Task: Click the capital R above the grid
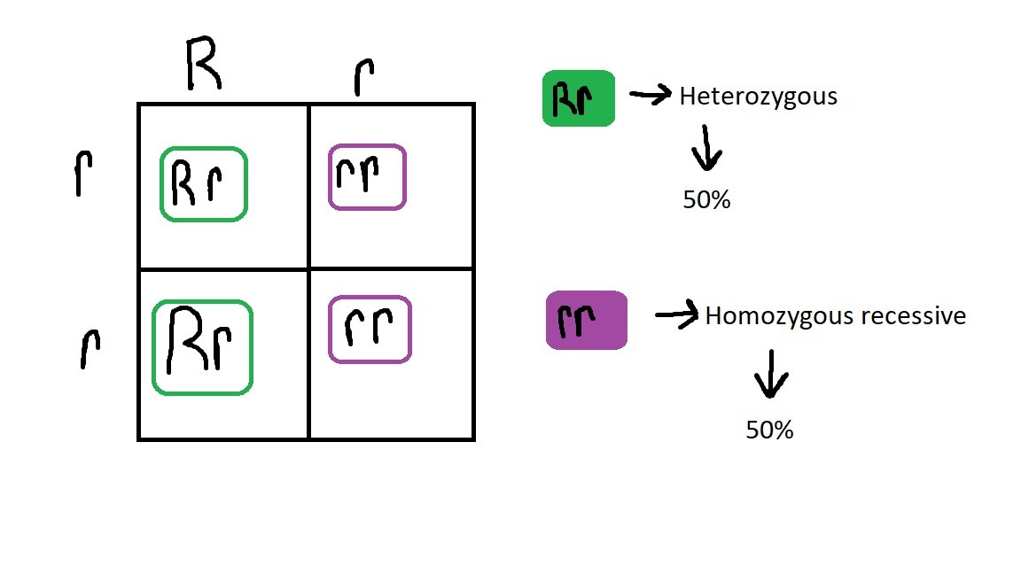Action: [202, 67]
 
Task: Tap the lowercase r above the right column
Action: [362, 79]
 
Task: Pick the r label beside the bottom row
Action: [89, 348]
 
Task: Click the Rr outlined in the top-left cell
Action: [203, 183]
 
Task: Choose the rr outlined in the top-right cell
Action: [367, 177]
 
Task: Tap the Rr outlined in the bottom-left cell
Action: [202, 347]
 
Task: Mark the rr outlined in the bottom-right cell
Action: [370, 330]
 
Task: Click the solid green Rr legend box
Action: [579, 98]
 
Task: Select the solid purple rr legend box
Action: [586, 320]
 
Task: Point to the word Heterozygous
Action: [758, 97]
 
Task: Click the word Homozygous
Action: [772, 316]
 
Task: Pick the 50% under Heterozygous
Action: [706, 201]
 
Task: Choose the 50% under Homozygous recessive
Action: [769, 430]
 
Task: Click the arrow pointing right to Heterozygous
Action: [651, 95]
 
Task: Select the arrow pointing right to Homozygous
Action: [676, 315]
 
